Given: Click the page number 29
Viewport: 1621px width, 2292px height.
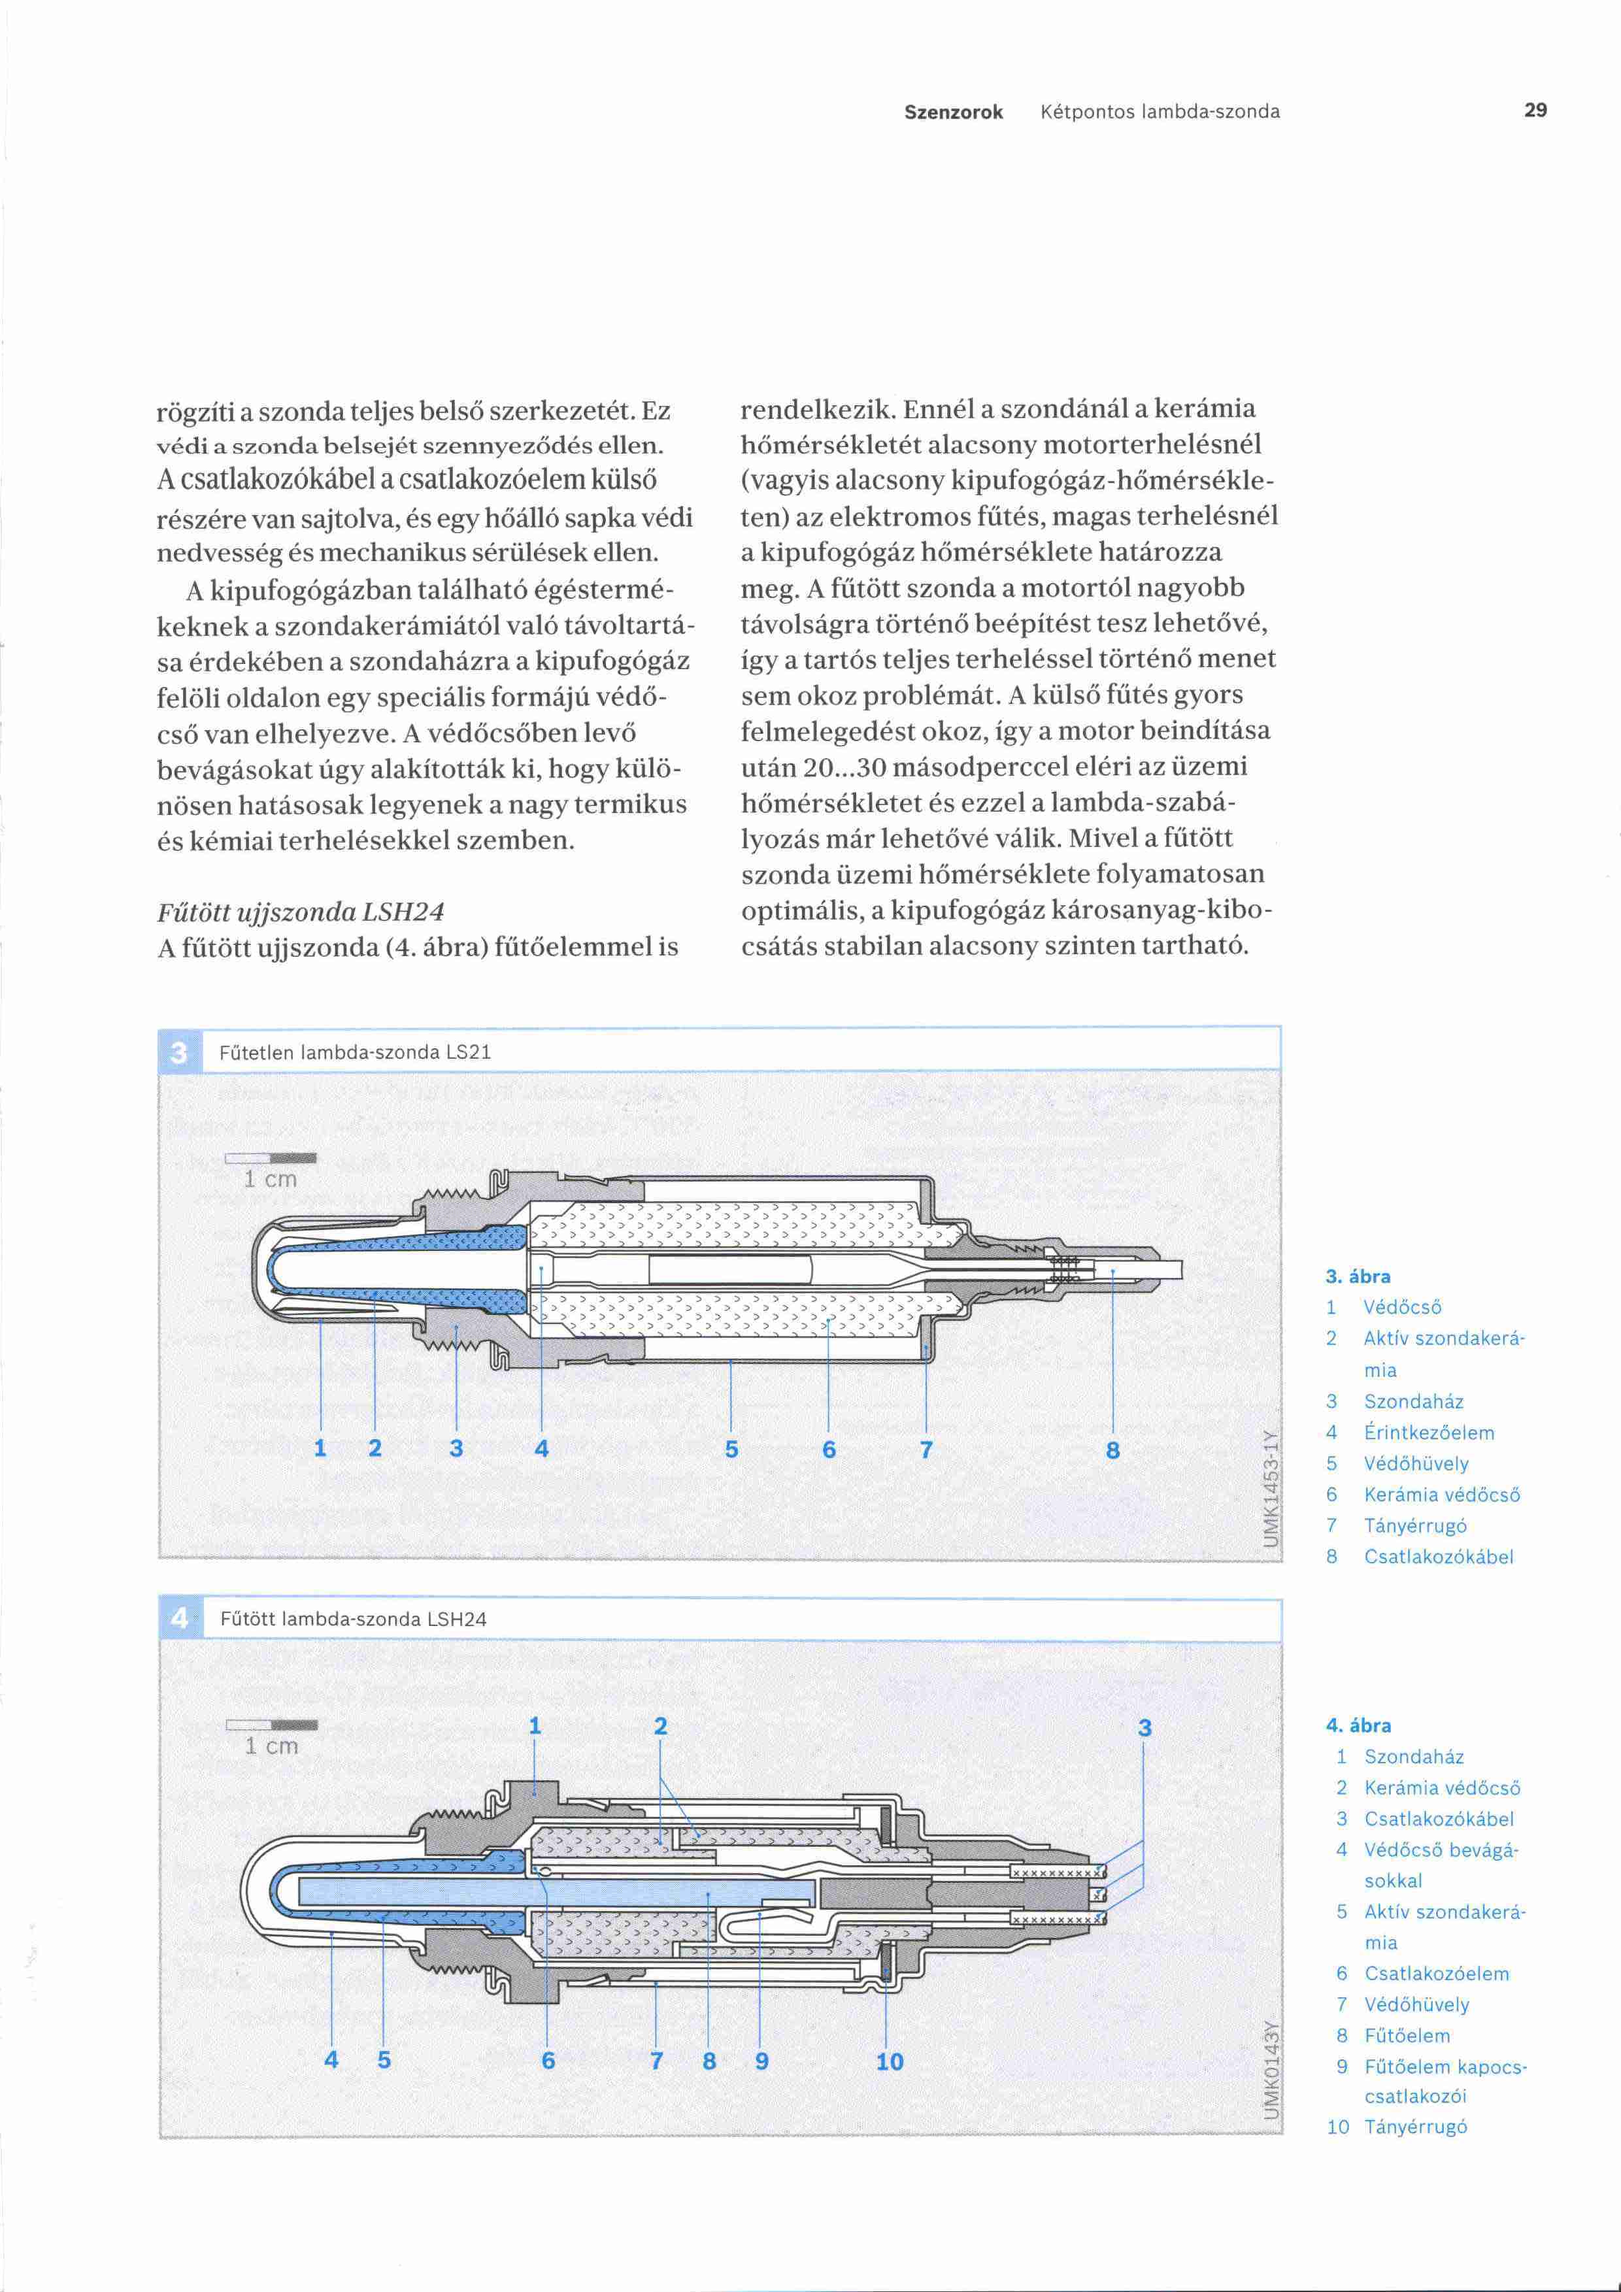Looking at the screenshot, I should [x=1535, y=110].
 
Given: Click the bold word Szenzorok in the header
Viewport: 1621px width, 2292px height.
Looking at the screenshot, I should [x=953, y=112].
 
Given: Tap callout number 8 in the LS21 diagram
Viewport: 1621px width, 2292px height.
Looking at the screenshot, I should [x=1113, y=1450].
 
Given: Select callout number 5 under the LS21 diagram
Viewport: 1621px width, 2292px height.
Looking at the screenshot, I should [x=731, y=1450].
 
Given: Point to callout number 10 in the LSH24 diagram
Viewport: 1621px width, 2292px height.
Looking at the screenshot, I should [x=890, y=2061].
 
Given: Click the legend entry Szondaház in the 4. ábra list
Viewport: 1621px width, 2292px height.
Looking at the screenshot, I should [x=1413, y=1757].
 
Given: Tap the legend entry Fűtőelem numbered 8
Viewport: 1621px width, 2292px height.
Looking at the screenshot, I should [x=1407, y=2035].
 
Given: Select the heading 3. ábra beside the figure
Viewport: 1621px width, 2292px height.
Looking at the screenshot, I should [x=1358, y=1276].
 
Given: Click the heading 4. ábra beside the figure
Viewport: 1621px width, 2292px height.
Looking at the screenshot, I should [x=1358, y=1725].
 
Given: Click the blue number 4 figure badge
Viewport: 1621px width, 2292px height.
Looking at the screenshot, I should [x=180, y=1618].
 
